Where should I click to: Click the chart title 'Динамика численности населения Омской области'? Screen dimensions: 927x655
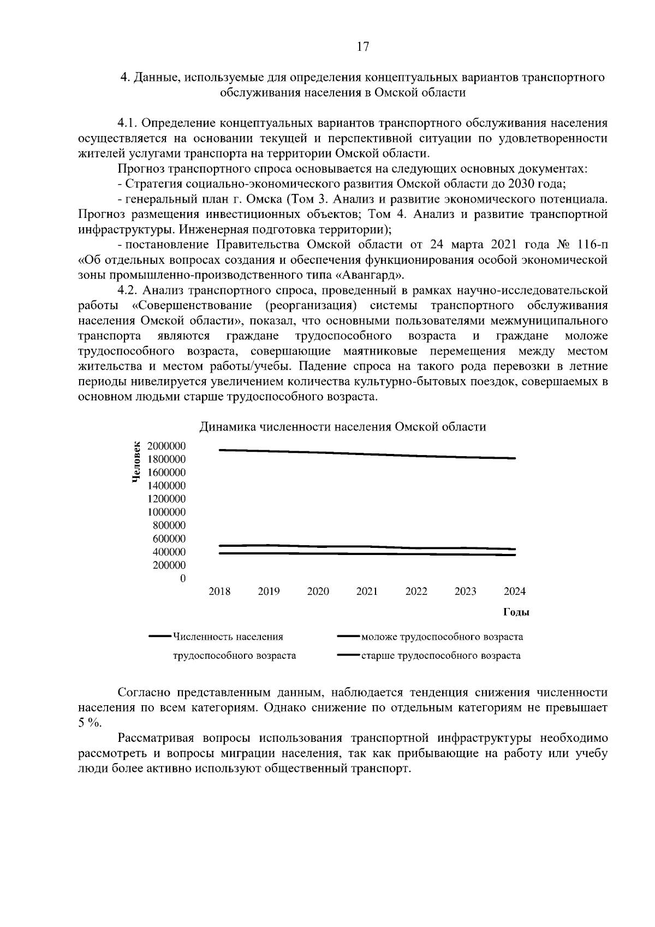point(342,427)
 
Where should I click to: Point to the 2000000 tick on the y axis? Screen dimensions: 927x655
point(166,446)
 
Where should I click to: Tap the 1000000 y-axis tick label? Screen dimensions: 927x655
point(166,512)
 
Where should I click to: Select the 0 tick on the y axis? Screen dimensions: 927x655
point(183,578)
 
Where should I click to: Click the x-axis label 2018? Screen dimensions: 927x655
point(219,592)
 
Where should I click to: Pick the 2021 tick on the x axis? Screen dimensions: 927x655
point(367,592)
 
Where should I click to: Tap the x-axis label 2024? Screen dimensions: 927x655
point(514,592)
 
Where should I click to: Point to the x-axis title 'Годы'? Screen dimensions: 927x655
point(516,612)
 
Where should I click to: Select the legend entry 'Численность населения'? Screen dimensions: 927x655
point(228,636)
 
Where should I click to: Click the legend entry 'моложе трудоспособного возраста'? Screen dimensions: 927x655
point(442,636)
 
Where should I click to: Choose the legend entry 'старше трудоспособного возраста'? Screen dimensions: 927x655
point(440,655)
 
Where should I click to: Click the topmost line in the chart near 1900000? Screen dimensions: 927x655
point(367,454)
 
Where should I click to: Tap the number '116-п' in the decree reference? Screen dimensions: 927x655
point(592,244)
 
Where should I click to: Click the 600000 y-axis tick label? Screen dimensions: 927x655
point(169,539)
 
